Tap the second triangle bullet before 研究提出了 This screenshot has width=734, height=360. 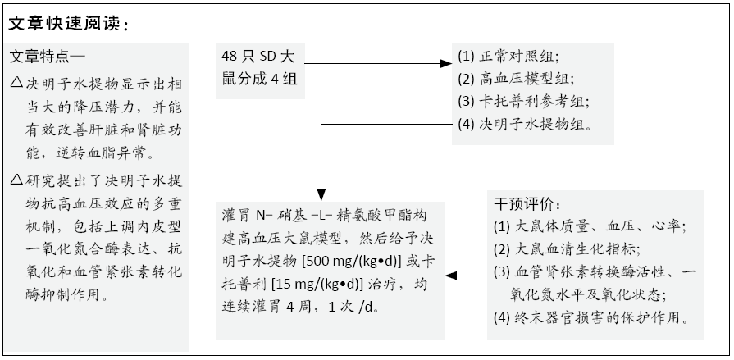pyautogui.click(x=17, y=179)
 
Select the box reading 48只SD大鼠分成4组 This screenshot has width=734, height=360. pyautogui.click(x=260, y=71)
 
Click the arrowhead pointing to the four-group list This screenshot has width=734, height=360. pyautogui.click(x=446, y=64)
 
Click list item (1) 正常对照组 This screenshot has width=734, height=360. pyautogui.click(x=508, y=57)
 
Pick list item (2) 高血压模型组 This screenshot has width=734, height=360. pyautogui.click(x=514, y=79)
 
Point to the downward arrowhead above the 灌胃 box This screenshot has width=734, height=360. pyautogui.click(x=321, y=195)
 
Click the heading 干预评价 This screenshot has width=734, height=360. pyautogui.click(x=527, y=204)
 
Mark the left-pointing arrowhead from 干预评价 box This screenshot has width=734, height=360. pyautogui.click(x=451, y=276)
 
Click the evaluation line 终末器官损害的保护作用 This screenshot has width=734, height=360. pyautogui.click(x=591, y=318)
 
